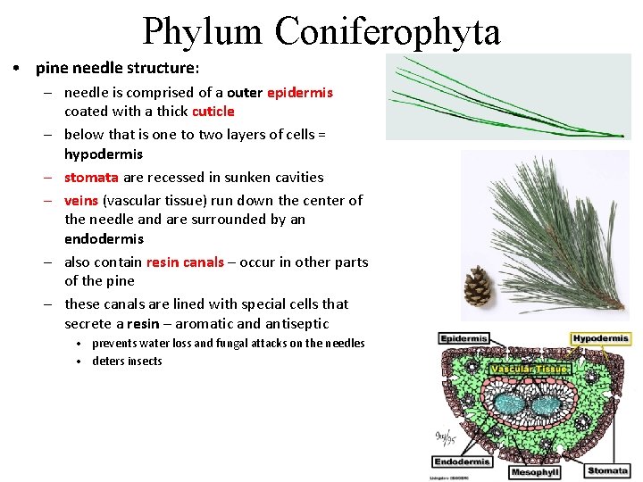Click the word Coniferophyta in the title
click(388, 31)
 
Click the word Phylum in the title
click(205, 31)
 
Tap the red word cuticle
click(213, 112)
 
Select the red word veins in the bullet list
click(80, 200)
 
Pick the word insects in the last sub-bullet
click(145, 361)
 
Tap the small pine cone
click(479, 286)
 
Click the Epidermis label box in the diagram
click(463, 339)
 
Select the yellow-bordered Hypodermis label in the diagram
click(601, 339)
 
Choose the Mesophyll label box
click(535, 472)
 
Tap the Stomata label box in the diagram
click(607, 470)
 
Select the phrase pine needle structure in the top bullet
click(114, 68)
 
